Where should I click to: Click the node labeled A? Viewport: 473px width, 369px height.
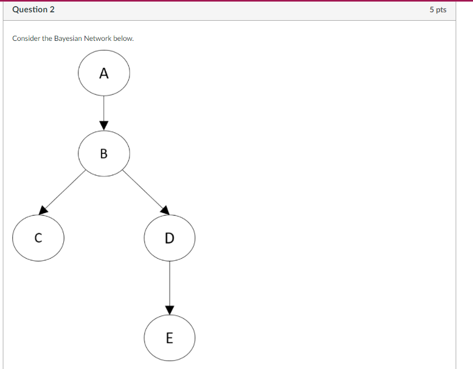104,73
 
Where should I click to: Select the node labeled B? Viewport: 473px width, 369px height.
104,153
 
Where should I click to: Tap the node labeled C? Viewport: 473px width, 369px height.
38,238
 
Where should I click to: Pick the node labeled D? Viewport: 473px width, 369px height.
169,238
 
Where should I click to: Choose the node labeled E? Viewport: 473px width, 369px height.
169,338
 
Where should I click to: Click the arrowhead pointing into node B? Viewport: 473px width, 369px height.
104,125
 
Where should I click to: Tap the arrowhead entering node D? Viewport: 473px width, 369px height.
164,210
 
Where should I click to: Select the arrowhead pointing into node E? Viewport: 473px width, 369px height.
169,310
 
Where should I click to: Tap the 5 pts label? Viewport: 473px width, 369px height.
438,10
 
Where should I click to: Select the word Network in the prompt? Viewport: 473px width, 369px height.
98,39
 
